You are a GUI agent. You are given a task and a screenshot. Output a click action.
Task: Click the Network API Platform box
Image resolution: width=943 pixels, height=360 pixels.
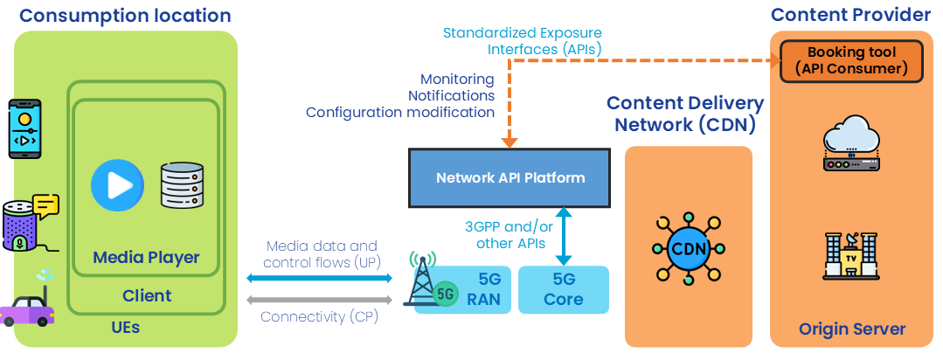point(510,177)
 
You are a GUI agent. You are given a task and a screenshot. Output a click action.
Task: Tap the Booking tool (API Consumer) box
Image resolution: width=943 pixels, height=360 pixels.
point(850,61)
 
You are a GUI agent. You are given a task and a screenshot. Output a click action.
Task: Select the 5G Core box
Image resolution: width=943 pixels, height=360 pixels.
point(563,290)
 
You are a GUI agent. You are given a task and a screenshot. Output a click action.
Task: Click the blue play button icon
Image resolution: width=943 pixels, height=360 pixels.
point(117,185)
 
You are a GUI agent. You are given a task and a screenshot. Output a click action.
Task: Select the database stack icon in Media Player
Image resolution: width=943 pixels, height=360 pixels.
point(181,185)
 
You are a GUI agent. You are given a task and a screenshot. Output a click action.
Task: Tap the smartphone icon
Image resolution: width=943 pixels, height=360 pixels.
point(24,128)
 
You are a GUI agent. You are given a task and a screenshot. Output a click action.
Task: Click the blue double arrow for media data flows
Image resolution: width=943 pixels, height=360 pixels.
point(321,278)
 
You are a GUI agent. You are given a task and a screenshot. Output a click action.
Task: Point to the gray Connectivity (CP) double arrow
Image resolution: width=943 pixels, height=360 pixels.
point(321,300)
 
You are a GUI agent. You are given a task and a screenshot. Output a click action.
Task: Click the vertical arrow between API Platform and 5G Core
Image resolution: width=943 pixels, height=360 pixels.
point(564,235)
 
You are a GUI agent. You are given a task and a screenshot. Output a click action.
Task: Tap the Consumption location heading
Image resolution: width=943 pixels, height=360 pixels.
point(125,16)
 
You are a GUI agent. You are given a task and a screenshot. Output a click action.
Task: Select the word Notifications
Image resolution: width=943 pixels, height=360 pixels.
point(451,95)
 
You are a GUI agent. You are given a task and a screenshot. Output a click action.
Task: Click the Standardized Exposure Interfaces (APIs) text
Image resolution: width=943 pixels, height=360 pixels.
point(522,41)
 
